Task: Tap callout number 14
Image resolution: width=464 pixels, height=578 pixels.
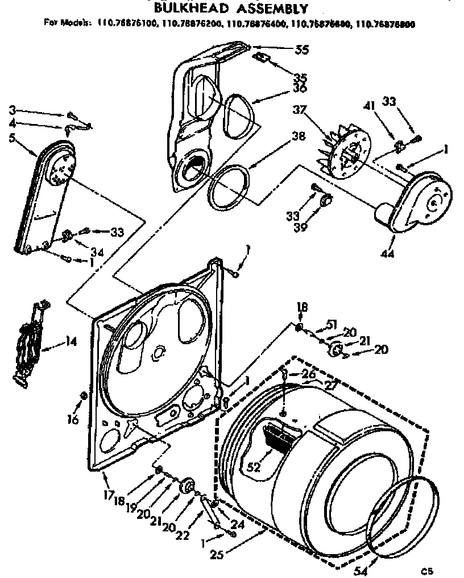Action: tap(71, 342)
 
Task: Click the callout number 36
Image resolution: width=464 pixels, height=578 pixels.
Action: tap(300, 88)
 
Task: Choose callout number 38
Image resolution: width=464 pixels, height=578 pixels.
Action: tap(299, 137)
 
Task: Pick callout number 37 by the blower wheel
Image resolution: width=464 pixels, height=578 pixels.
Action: tap(299, 109)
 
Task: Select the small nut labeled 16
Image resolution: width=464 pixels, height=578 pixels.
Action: tap(84, 395)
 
